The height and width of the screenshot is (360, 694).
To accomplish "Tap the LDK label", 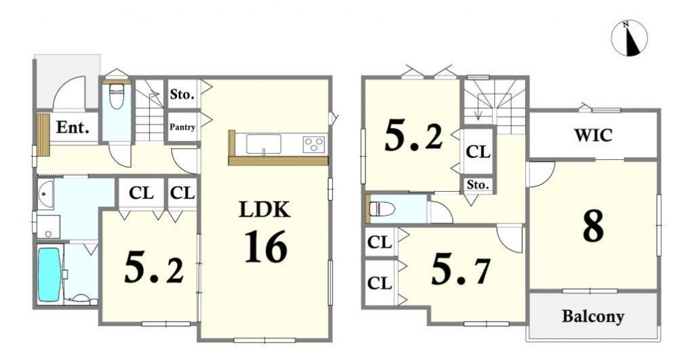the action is (x=265, y=210).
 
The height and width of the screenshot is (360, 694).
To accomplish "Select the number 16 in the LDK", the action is (x=265, y=247).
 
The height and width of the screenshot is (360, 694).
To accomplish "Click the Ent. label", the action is (x=73, y=127).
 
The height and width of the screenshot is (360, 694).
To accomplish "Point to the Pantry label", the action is (x=182, y=127).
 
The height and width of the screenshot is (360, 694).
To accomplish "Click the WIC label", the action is (x=593, y=135).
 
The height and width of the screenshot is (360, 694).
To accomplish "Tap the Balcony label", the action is (x=593, y=316).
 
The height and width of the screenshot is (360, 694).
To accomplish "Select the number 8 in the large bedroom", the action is (x=593, y=227).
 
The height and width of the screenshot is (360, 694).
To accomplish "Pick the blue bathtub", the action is (x=49, y=274).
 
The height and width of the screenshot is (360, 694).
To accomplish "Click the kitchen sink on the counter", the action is (x=263, y=144).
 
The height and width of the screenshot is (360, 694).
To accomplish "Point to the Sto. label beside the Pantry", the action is (x=182, y=94).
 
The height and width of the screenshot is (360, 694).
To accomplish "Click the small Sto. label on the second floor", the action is (x=477, y=184).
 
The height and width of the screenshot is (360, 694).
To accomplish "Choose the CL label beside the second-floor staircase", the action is (x=478, y=152).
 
